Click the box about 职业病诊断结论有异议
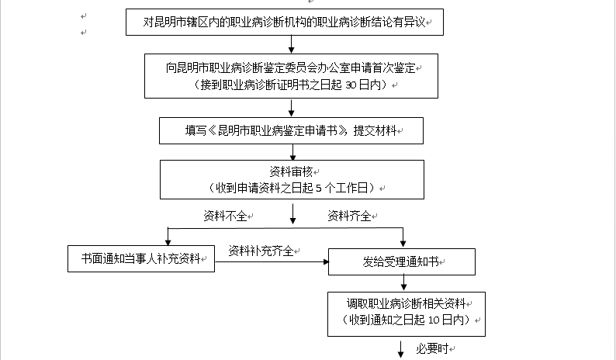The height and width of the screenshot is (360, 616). click(x=284, y=22)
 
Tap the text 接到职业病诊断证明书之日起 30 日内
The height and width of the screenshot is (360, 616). click(x=290, y=85)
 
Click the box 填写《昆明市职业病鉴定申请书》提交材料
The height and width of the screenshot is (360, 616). click(x=292, y=131)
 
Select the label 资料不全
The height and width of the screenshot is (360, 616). click(x=225, y=215)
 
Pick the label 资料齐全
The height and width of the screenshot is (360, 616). click(x=349, y=215)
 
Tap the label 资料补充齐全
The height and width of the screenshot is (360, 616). click(x=261, y=251)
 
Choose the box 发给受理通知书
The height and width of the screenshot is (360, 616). click(x=402, y=261)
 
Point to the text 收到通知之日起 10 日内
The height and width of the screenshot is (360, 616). click(x=405, y=319)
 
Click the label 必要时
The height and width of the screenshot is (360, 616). click(x=432, y=348)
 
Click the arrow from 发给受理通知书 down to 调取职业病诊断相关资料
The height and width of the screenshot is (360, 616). click(x=403, y=283)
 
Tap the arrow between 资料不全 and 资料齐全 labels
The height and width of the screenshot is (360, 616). click(x=292, y=213)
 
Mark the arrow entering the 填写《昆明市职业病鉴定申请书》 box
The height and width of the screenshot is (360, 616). click(x=292, y=110)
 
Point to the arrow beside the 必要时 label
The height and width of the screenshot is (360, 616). click(x=401, y=348)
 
